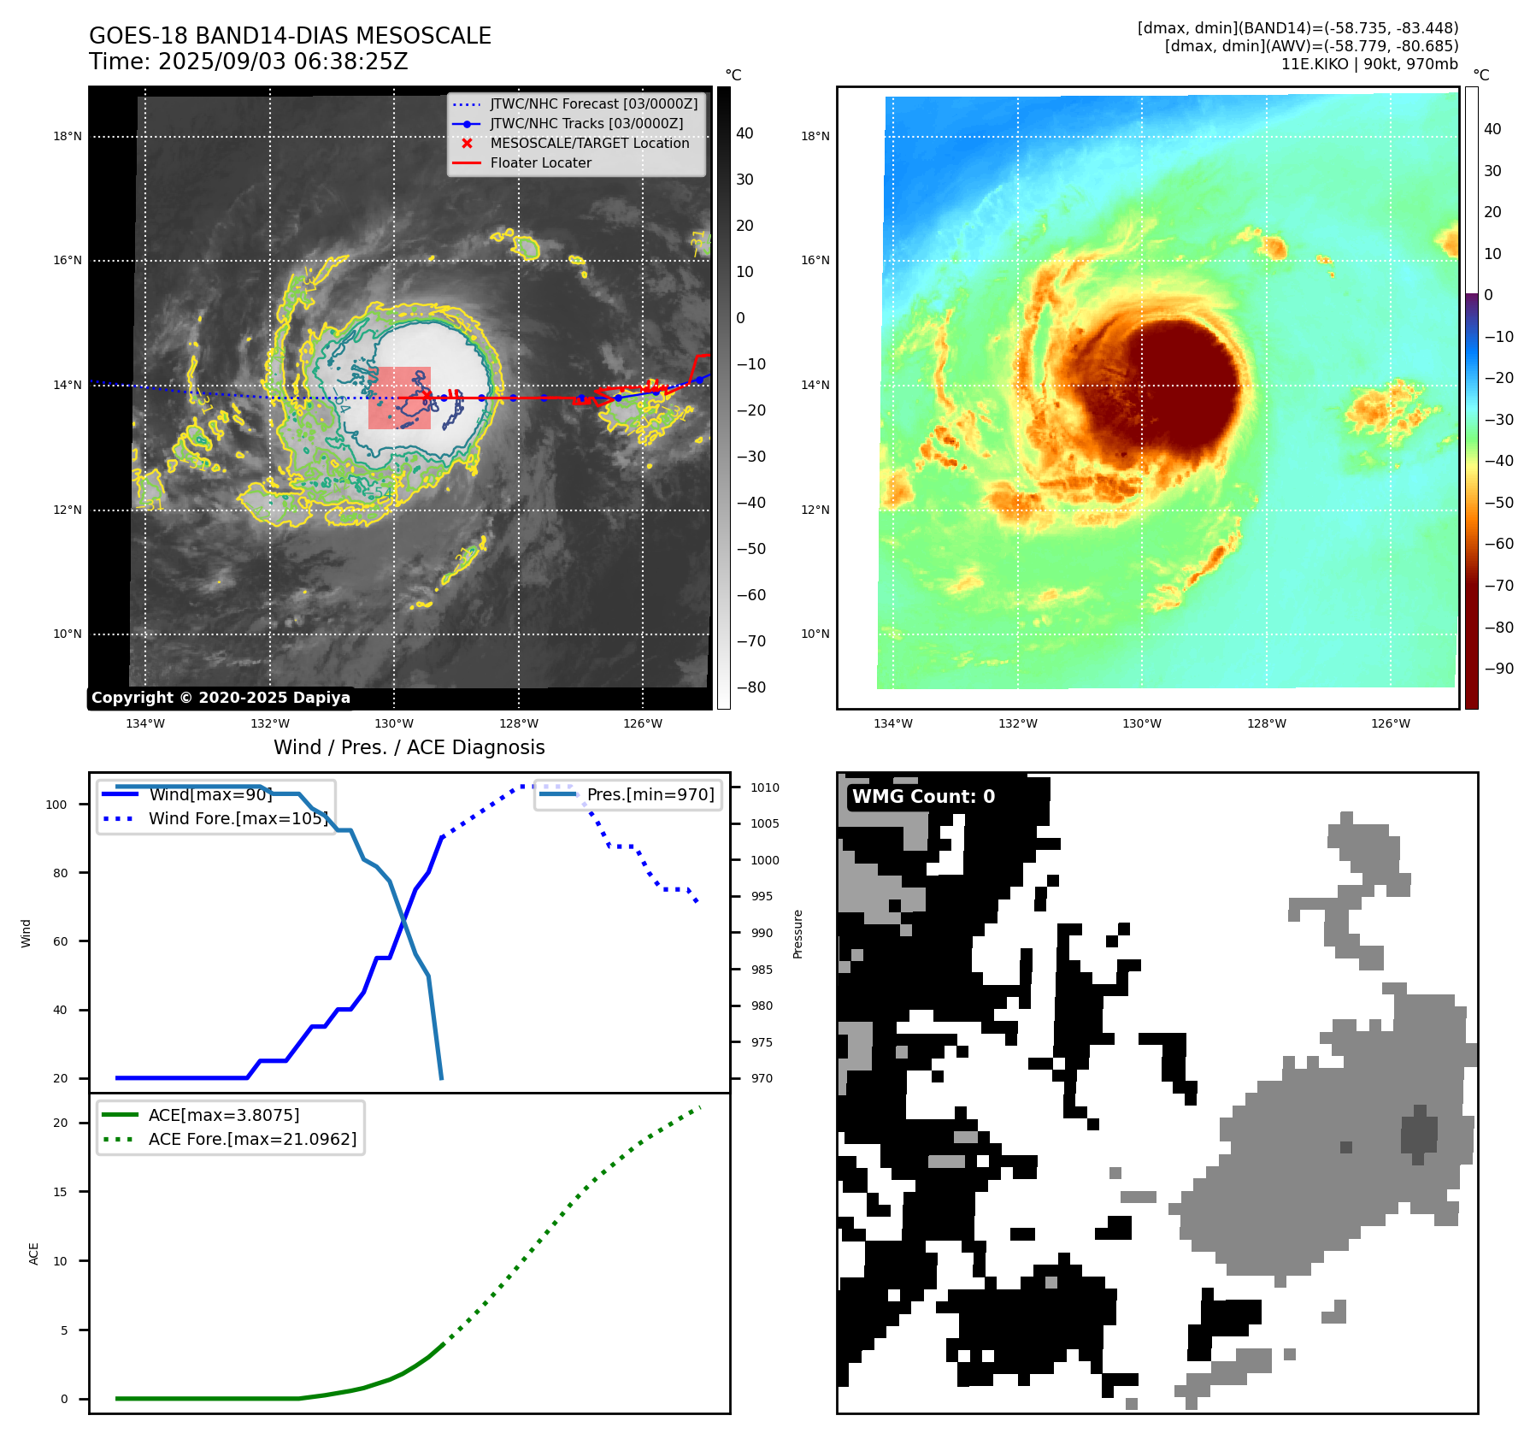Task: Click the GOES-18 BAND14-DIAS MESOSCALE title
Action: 290,36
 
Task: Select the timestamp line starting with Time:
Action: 248,62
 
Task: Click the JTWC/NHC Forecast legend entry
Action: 593,103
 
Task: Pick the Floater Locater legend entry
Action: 540,162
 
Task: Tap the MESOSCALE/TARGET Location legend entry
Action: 589,143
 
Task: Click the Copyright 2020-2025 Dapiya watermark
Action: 221,698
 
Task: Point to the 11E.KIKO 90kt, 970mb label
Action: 1368,64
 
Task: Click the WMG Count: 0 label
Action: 923,797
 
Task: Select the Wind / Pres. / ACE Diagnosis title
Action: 409,747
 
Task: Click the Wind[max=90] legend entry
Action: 209,794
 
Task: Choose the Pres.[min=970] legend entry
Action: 650,794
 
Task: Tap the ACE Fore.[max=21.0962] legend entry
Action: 251,1139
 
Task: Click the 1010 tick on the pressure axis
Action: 764,787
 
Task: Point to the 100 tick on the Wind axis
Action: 56,805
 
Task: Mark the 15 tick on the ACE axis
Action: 60,1192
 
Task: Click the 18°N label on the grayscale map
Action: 68,136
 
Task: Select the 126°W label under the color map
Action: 1390,723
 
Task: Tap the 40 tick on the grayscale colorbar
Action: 744,133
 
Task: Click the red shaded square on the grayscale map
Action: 399,398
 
